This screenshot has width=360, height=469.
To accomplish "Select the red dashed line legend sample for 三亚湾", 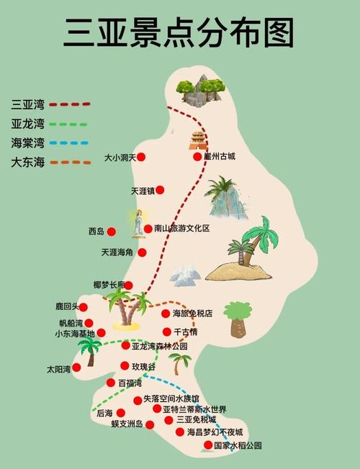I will [x=71, y=104].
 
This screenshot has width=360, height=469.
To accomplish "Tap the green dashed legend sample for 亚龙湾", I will [x=71, y=123].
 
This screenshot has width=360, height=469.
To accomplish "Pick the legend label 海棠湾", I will [x=27, y=142].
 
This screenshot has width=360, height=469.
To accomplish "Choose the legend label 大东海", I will [x=27, y=162].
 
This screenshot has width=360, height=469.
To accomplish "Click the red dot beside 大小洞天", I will [x=142, y=157].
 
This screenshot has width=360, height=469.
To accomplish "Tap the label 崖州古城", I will [x=220, y=157].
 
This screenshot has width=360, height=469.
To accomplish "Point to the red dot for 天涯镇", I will [x=161, y=191].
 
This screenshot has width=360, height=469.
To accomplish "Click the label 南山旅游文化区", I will [x=181, y=229].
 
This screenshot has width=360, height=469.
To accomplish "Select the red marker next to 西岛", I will [x=112, y=232].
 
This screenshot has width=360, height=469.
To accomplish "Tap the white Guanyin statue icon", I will [x=137, y=223].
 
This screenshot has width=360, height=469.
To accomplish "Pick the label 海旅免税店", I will [x=192, y=314].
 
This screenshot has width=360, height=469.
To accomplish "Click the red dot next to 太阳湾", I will [x=76, y=368].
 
